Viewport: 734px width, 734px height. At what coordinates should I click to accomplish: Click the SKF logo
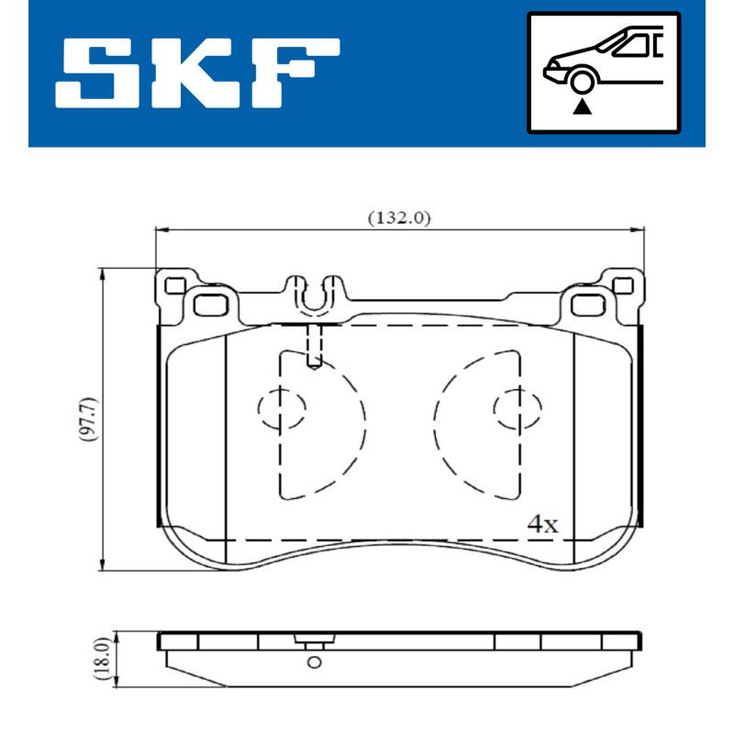197,72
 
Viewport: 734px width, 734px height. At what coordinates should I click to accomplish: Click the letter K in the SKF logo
200,72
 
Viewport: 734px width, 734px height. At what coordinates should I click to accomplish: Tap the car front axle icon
603,72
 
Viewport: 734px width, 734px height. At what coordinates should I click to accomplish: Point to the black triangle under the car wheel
580,106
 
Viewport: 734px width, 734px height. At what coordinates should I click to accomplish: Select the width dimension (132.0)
399,218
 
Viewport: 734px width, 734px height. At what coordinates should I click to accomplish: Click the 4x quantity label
542,524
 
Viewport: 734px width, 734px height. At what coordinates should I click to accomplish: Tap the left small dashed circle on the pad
281,410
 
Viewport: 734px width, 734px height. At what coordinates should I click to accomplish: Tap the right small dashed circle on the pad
517,410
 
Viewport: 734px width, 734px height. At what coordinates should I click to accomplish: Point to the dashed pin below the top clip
315,347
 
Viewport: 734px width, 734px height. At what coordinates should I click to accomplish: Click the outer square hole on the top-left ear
172,284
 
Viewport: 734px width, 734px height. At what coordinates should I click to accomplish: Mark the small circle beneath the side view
314,662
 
